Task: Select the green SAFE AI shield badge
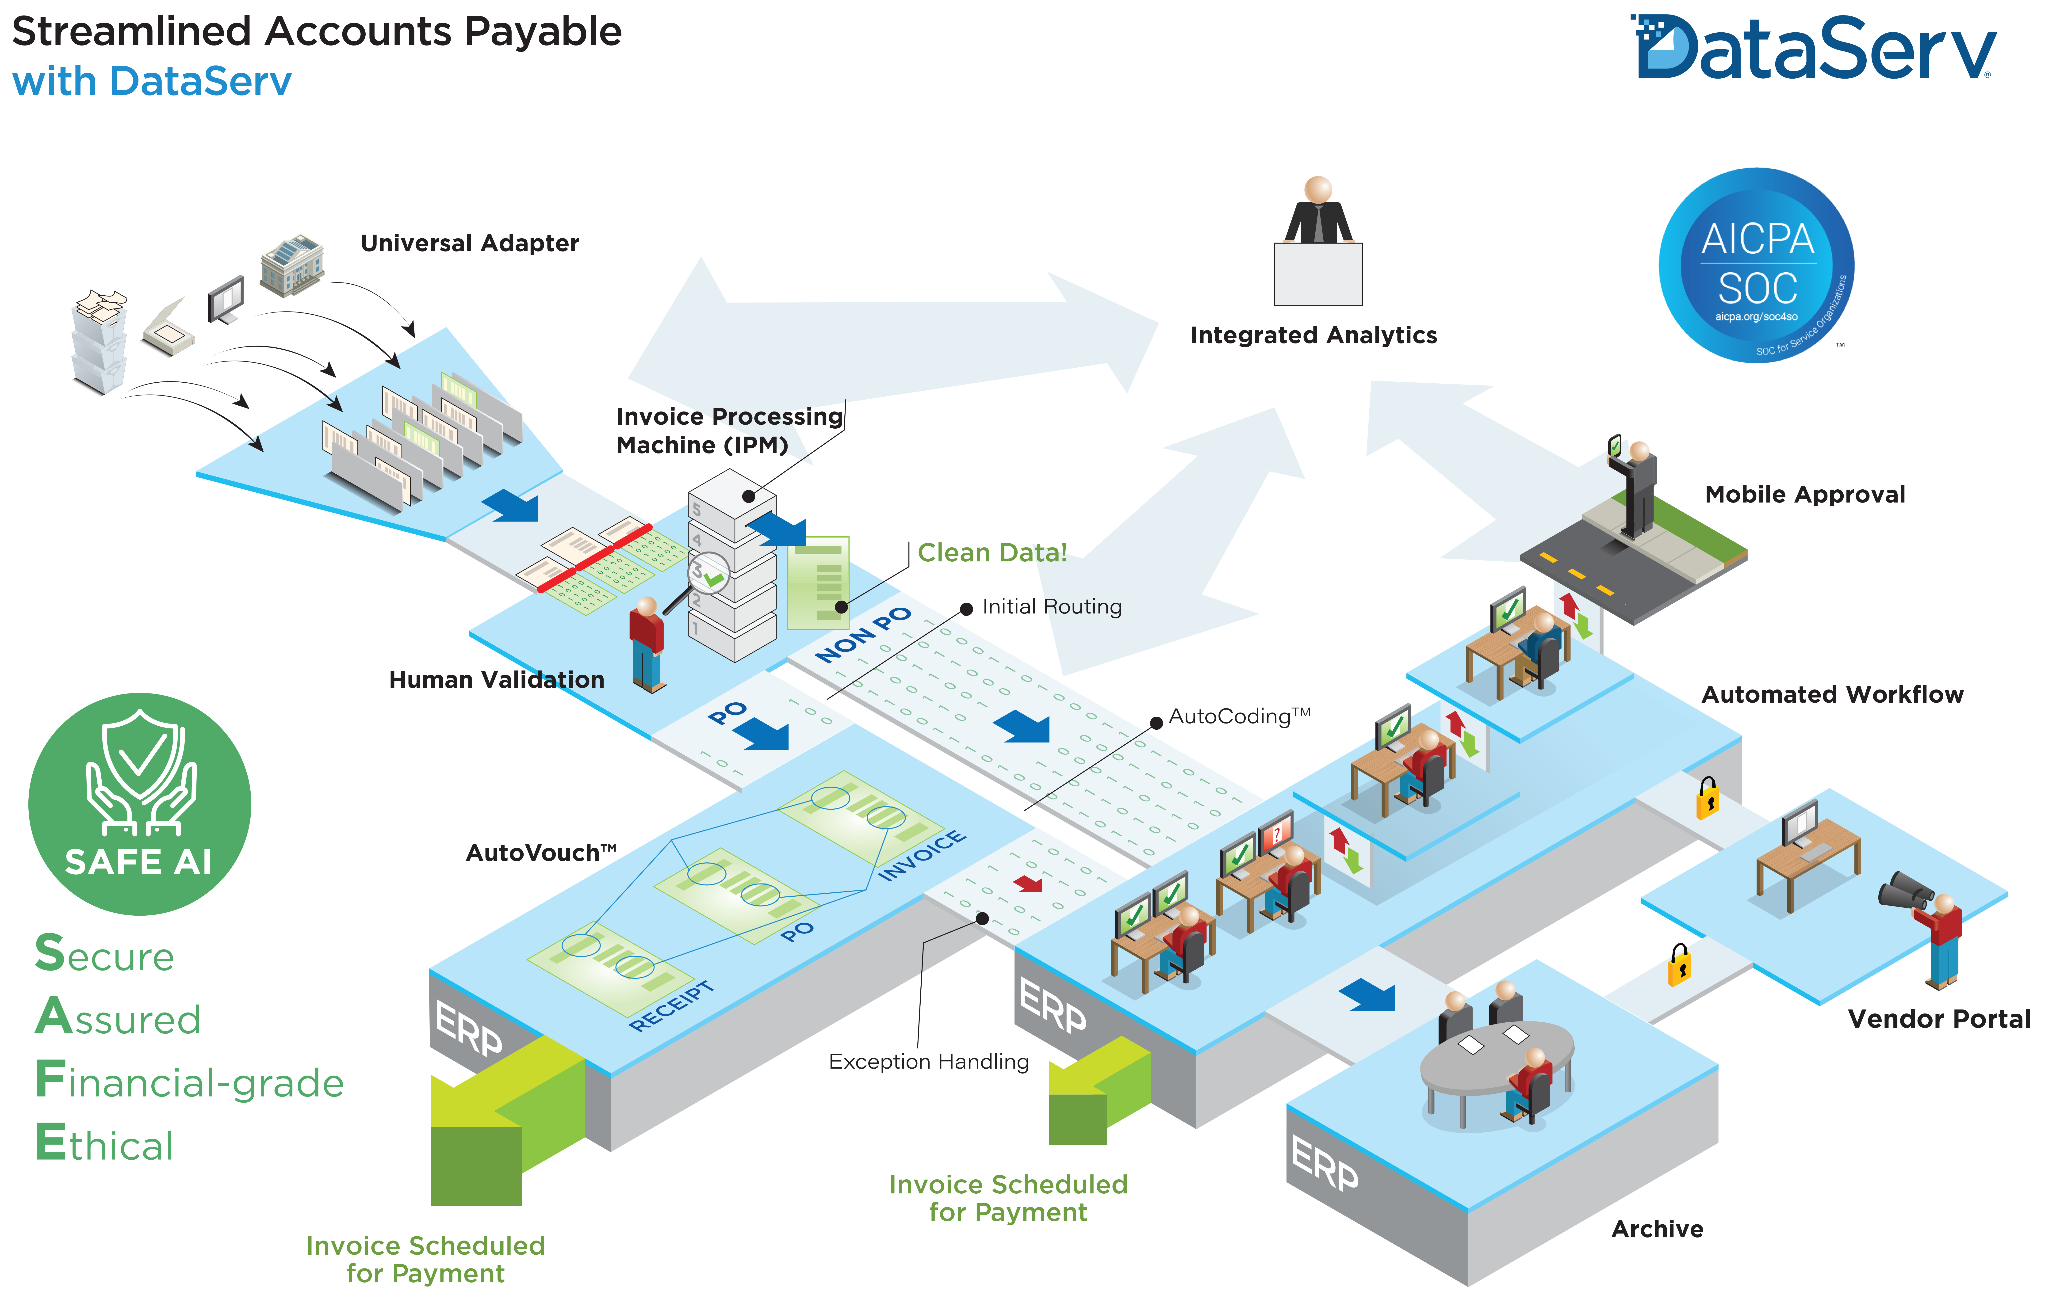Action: pyautogui.click(x=139, y=804)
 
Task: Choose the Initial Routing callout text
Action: pyautogui.click(x=1051, y=607)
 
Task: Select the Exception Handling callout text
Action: pyautogui.click(x=928, y=1061)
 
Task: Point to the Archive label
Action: pyautogui.click(x=1657, y=1230)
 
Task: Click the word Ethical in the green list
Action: pyautogui.click(x=104, y=1144)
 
